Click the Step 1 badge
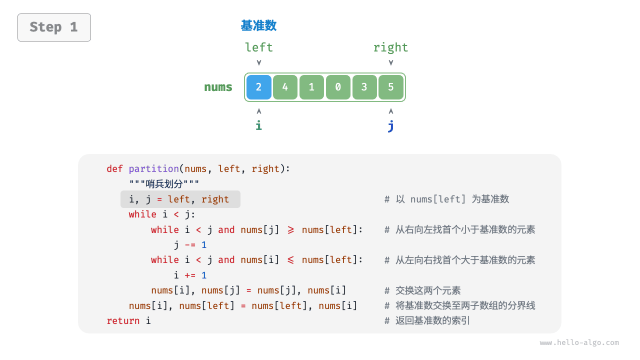pyautogui.click(x=54, y=27)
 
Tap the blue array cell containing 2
pyautogui.click(x=258, y=87)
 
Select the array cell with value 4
pyautogui.click(x=285, y=87)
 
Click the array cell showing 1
pyautogui.click(x=311, y=87)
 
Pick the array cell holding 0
pyautogui.click(x=338, y=87)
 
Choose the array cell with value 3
pyautogui.click(x=364, y=87)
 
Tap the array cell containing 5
pyautogui.click(x=391, y=87)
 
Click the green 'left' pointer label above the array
pyautogui.click(x=258, y=47)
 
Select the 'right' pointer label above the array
pyautogui.click(x=390, y=47)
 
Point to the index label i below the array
pyautogui.click(x=258, y=125)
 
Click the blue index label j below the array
pyautogui.click(x=390, y=125)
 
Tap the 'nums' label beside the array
pyautogui.click(x=218, y=87)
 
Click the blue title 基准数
pyautogui.click(x=258, y=25)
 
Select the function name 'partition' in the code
pyautogui.click(x=153, y=169)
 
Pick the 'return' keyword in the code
pyautogui.click(x=123, y=321)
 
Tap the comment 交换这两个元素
pyautogui.click(x=427, y=290)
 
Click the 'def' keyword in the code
pyautogui.click(x=114, y=169)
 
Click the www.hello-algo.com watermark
pyautogui.click(x=579, y=343)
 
